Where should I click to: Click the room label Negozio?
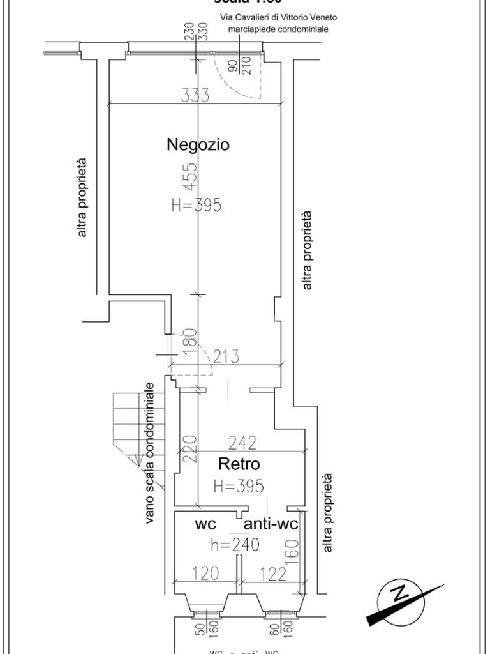[198, 144]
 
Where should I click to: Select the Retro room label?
[239, 463]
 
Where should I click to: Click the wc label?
[205, 524]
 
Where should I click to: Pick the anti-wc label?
[271, 525]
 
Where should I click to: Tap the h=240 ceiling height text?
[235, 545]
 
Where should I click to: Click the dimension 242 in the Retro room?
[242, 442]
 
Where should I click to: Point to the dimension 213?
[226, 356]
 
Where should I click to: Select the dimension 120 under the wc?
[205, 574]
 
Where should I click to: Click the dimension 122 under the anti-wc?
[272, 574]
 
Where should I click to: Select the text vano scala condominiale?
[150, 453]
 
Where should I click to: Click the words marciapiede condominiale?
[278, 29]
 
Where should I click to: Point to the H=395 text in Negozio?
[197, 205]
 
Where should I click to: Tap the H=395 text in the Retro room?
[239, 486]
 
